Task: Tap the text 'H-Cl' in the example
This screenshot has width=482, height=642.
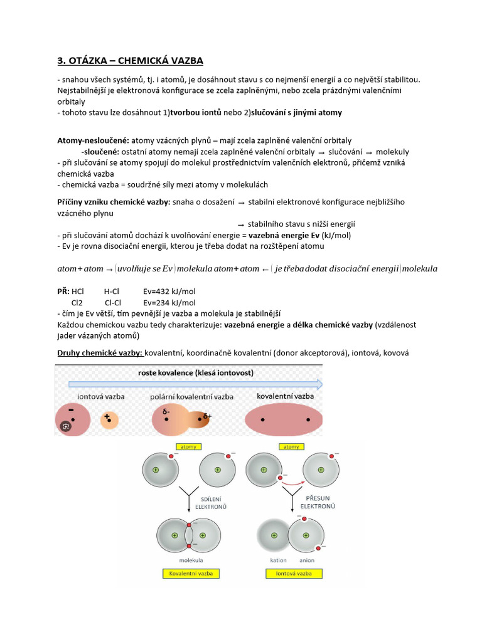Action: [111, 292]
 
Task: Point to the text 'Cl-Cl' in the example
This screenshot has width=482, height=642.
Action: [113, 302]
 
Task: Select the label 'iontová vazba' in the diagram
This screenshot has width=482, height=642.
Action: [101, 397]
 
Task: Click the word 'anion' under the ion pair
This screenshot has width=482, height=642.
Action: [307, 560]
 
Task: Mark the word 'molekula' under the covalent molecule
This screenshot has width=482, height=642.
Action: [190, 560]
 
